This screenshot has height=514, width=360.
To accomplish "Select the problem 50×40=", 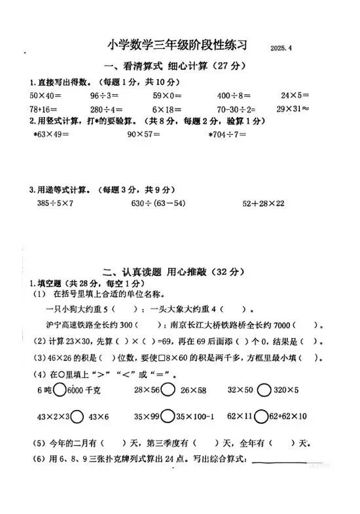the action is pos(45,95).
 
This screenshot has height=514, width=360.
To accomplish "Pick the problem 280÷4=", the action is pos(107,109).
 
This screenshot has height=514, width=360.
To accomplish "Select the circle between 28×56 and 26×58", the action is pos(167,390).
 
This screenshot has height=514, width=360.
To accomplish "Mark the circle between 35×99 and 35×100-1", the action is pos(167,416).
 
